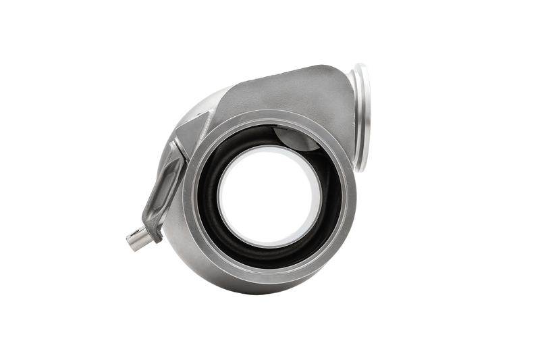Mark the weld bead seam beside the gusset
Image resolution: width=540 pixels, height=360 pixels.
click(202, 128)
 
